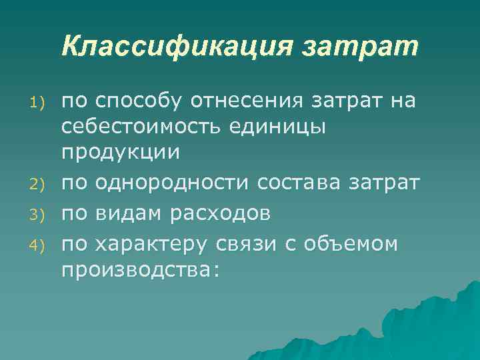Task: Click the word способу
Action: coord(140,101)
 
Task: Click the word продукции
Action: coord(121,152)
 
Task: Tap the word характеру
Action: coord(152,244)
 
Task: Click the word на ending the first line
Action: coord(402,101)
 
